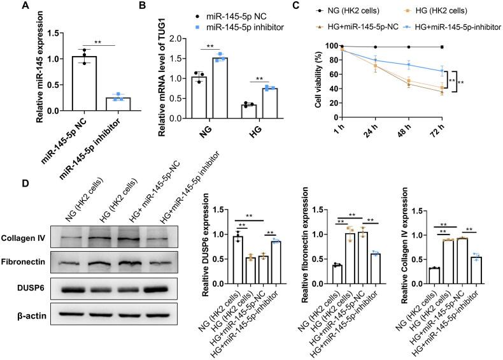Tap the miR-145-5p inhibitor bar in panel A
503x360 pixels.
pos(117,104)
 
